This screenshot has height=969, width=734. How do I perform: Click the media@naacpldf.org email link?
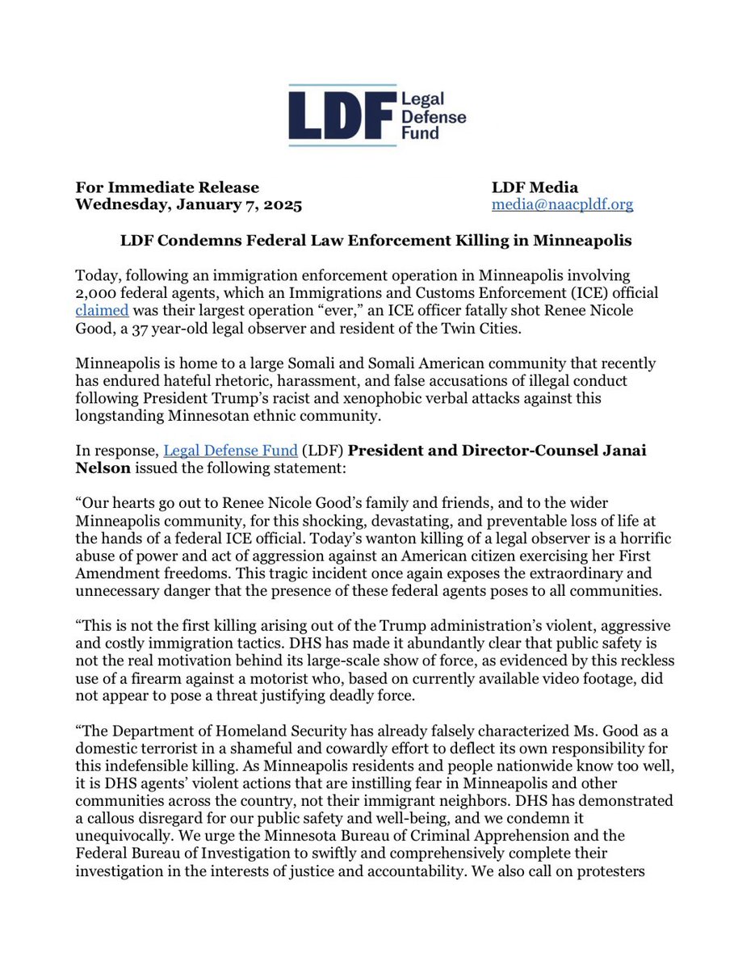pyautogui.click(x=563, y=204)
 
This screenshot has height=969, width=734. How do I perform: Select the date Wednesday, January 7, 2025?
pyautogui.click(x=188, y=204)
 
